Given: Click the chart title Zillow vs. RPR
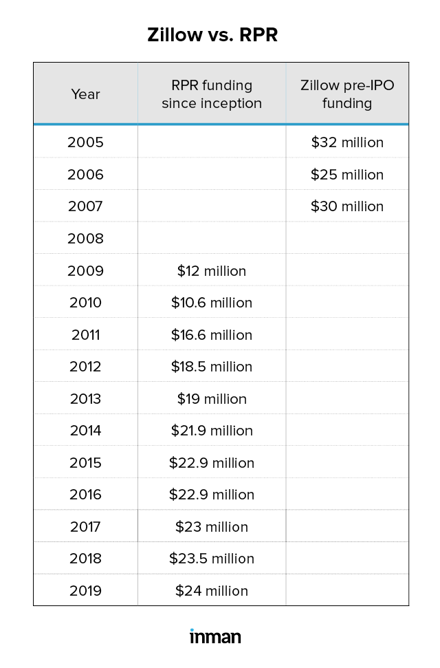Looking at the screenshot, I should [x=212, y=35].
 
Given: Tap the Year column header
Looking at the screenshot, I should [x=85, y=94].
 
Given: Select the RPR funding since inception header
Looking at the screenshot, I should [x=212, y=94].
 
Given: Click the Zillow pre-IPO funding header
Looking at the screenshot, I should [x=347, y=94].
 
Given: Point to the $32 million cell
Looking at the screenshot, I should [x=347, y=142].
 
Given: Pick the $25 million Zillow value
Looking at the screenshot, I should [x=347, y=175].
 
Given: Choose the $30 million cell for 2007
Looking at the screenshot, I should [x=347, y=206].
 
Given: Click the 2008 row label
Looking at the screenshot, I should [x=85, y=239].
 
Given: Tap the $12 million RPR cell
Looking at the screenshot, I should [x=212, y=271].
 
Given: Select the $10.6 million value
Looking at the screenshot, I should [x=212, y=303].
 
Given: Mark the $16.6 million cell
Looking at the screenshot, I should [x=212, y=335].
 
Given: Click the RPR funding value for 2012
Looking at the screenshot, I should [x=212, y=367].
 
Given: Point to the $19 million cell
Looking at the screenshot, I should [x=212, y=399].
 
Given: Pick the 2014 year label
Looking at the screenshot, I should [x=85, y=431].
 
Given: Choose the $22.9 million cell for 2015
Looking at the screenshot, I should [x=212, y=463].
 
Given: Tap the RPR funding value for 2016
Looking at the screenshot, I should [x=212, y=495].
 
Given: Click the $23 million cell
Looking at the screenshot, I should [x=212, y=527].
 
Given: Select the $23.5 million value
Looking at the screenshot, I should [x=212, y=559].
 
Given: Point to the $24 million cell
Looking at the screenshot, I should [x=212, y=591].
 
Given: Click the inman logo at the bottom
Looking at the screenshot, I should [x=215, y=636].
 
